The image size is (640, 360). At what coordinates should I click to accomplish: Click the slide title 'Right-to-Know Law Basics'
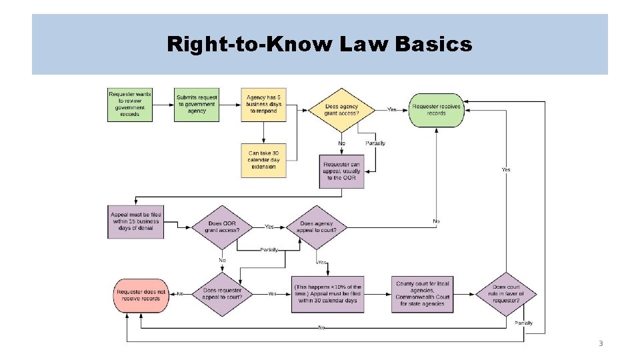[319, 45]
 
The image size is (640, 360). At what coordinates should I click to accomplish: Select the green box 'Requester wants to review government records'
[130, 105]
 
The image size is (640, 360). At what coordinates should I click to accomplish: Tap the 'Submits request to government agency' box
[197, 105]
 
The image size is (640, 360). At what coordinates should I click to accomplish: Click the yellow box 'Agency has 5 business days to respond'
[263, 105]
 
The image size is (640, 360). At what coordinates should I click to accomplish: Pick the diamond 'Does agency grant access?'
[341, 109]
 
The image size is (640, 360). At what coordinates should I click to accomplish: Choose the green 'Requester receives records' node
[437, 109]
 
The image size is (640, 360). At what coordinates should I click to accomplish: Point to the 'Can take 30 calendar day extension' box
[263, 159]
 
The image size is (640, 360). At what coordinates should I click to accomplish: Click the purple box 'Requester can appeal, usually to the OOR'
[341, 171]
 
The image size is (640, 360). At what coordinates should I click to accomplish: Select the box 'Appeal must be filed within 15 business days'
[135, 221]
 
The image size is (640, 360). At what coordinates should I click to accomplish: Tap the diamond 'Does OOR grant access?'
[220, 227]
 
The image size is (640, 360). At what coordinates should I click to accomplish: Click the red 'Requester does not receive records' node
[141, 294]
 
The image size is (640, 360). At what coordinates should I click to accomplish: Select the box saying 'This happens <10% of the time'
[327, 294]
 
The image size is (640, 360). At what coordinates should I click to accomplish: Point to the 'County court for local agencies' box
[423, 294]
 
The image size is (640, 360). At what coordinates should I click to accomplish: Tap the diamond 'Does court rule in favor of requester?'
[507, 294]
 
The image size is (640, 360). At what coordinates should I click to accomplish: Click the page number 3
[600, 344]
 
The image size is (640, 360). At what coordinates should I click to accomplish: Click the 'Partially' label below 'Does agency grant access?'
[375, 143]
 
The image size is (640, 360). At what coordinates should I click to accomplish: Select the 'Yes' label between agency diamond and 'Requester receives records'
[392, 109]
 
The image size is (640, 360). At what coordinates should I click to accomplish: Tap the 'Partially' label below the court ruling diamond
[523, 323]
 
